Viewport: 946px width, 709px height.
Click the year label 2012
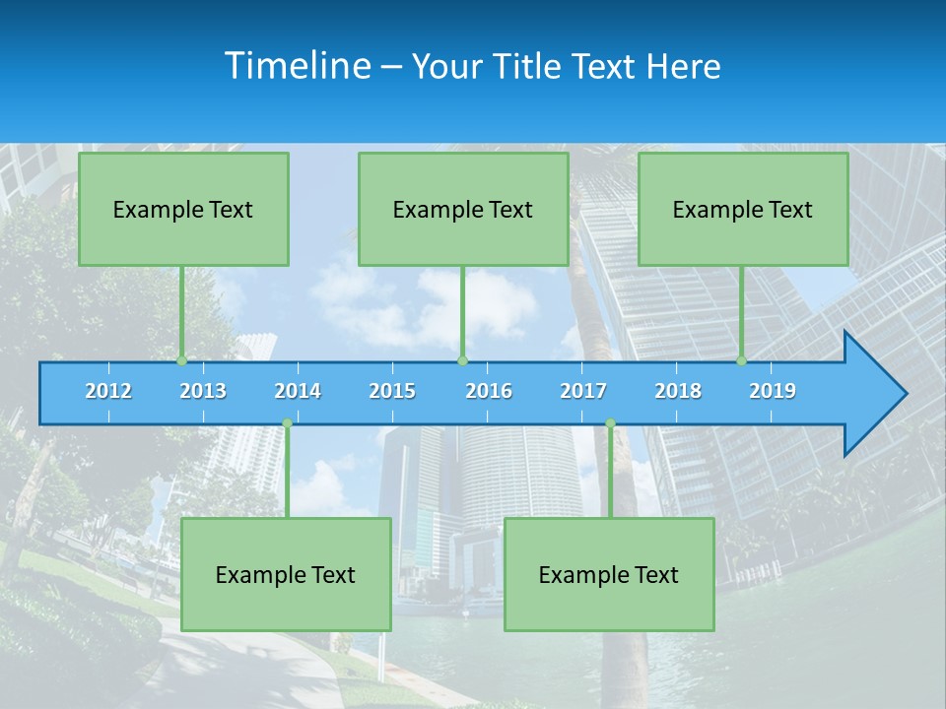point(108,391)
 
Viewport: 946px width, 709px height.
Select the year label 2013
point(203,391)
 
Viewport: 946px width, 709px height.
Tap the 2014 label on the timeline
point(298,391)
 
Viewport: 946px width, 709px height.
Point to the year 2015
point(392,391)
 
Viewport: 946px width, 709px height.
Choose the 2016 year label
point(489,391)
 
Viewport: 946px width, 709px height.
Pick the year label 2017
point(583,391)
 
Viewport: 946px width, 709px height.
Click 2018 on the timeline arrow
point(678,391)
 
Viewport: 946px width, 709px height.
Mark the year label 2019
point(773,391)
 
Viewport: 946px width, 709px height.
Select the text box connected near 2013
point(183,209)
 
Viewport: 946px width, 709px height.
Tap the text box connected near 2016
point(463,209)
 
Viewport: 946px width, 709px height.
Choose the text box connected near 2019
point(743,209)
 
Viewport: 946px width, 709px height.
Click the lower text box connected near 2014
point(286,574)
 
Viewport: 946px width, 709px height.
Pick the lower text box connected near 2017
point(609,574)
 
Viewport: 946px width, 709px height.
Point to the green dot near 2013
point(182,361)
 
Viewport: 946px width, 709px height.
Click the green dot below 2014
point(287,423)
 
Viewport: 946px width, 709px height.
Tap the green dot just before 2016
point(463,361)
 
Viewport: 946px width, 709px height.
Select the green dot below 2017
point(610,423)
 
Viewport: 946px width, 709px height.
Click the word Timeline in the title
point(298,65)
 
